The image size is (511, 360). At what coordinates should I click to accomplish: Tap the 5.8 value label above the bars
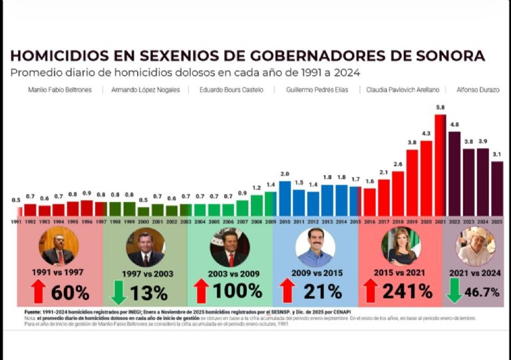coord(440,108)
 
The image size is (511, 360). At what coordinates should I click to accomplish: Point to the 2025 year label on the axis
coord(496,221)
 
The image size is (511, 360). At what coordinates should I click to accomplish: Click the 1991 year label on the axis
coord(16,221)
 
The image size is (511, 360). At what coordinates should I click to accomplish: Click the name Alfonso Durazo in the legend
coord(477,90)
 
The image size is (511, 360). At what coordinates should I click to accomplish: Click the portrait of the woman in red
coord(401,246)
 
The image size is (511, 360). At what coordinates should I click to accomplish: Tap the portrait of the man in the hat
coord(475,246)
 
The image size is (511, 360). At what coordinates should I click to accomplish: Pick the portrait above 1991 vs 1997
coord(59,246)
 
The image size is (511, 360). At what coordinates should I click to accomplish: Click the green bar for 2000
coord(143,211)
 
